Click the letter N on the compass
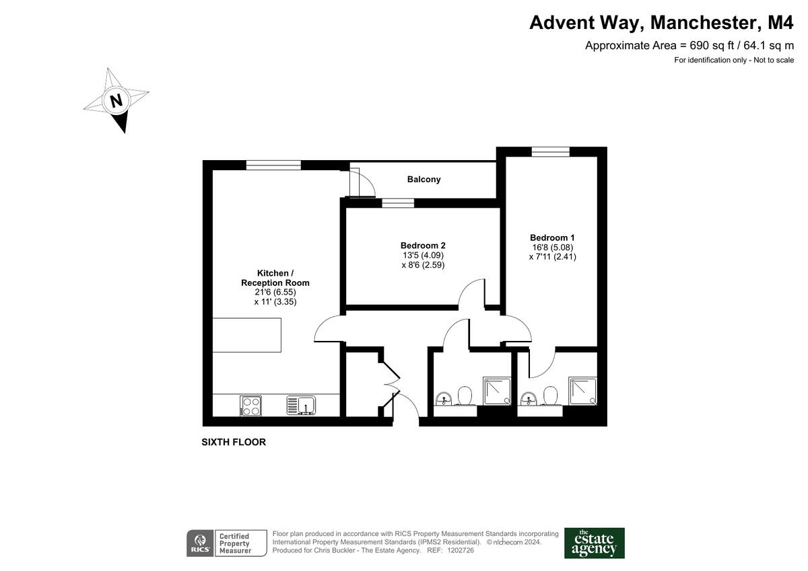pos(116,102)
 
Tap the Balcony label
pos(424,180)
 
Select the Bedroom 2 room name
pos(422,245)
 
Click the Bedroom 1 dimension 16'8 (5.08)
pos(552,247)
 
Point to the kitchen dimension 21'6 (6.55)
pos(275,293)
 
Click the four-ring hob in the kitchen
pos(250,405)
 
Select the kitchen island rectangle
pos(247,336)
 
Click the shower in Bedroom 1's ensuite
pos(582,391)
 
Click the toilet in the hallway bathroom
pos(464,395)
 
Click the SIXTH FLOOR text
pos(234,443)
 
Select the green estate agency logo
pos(594,543)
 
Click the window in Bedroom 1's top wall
pos(550,152)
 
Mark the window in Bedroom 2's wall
pos(398,202)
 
